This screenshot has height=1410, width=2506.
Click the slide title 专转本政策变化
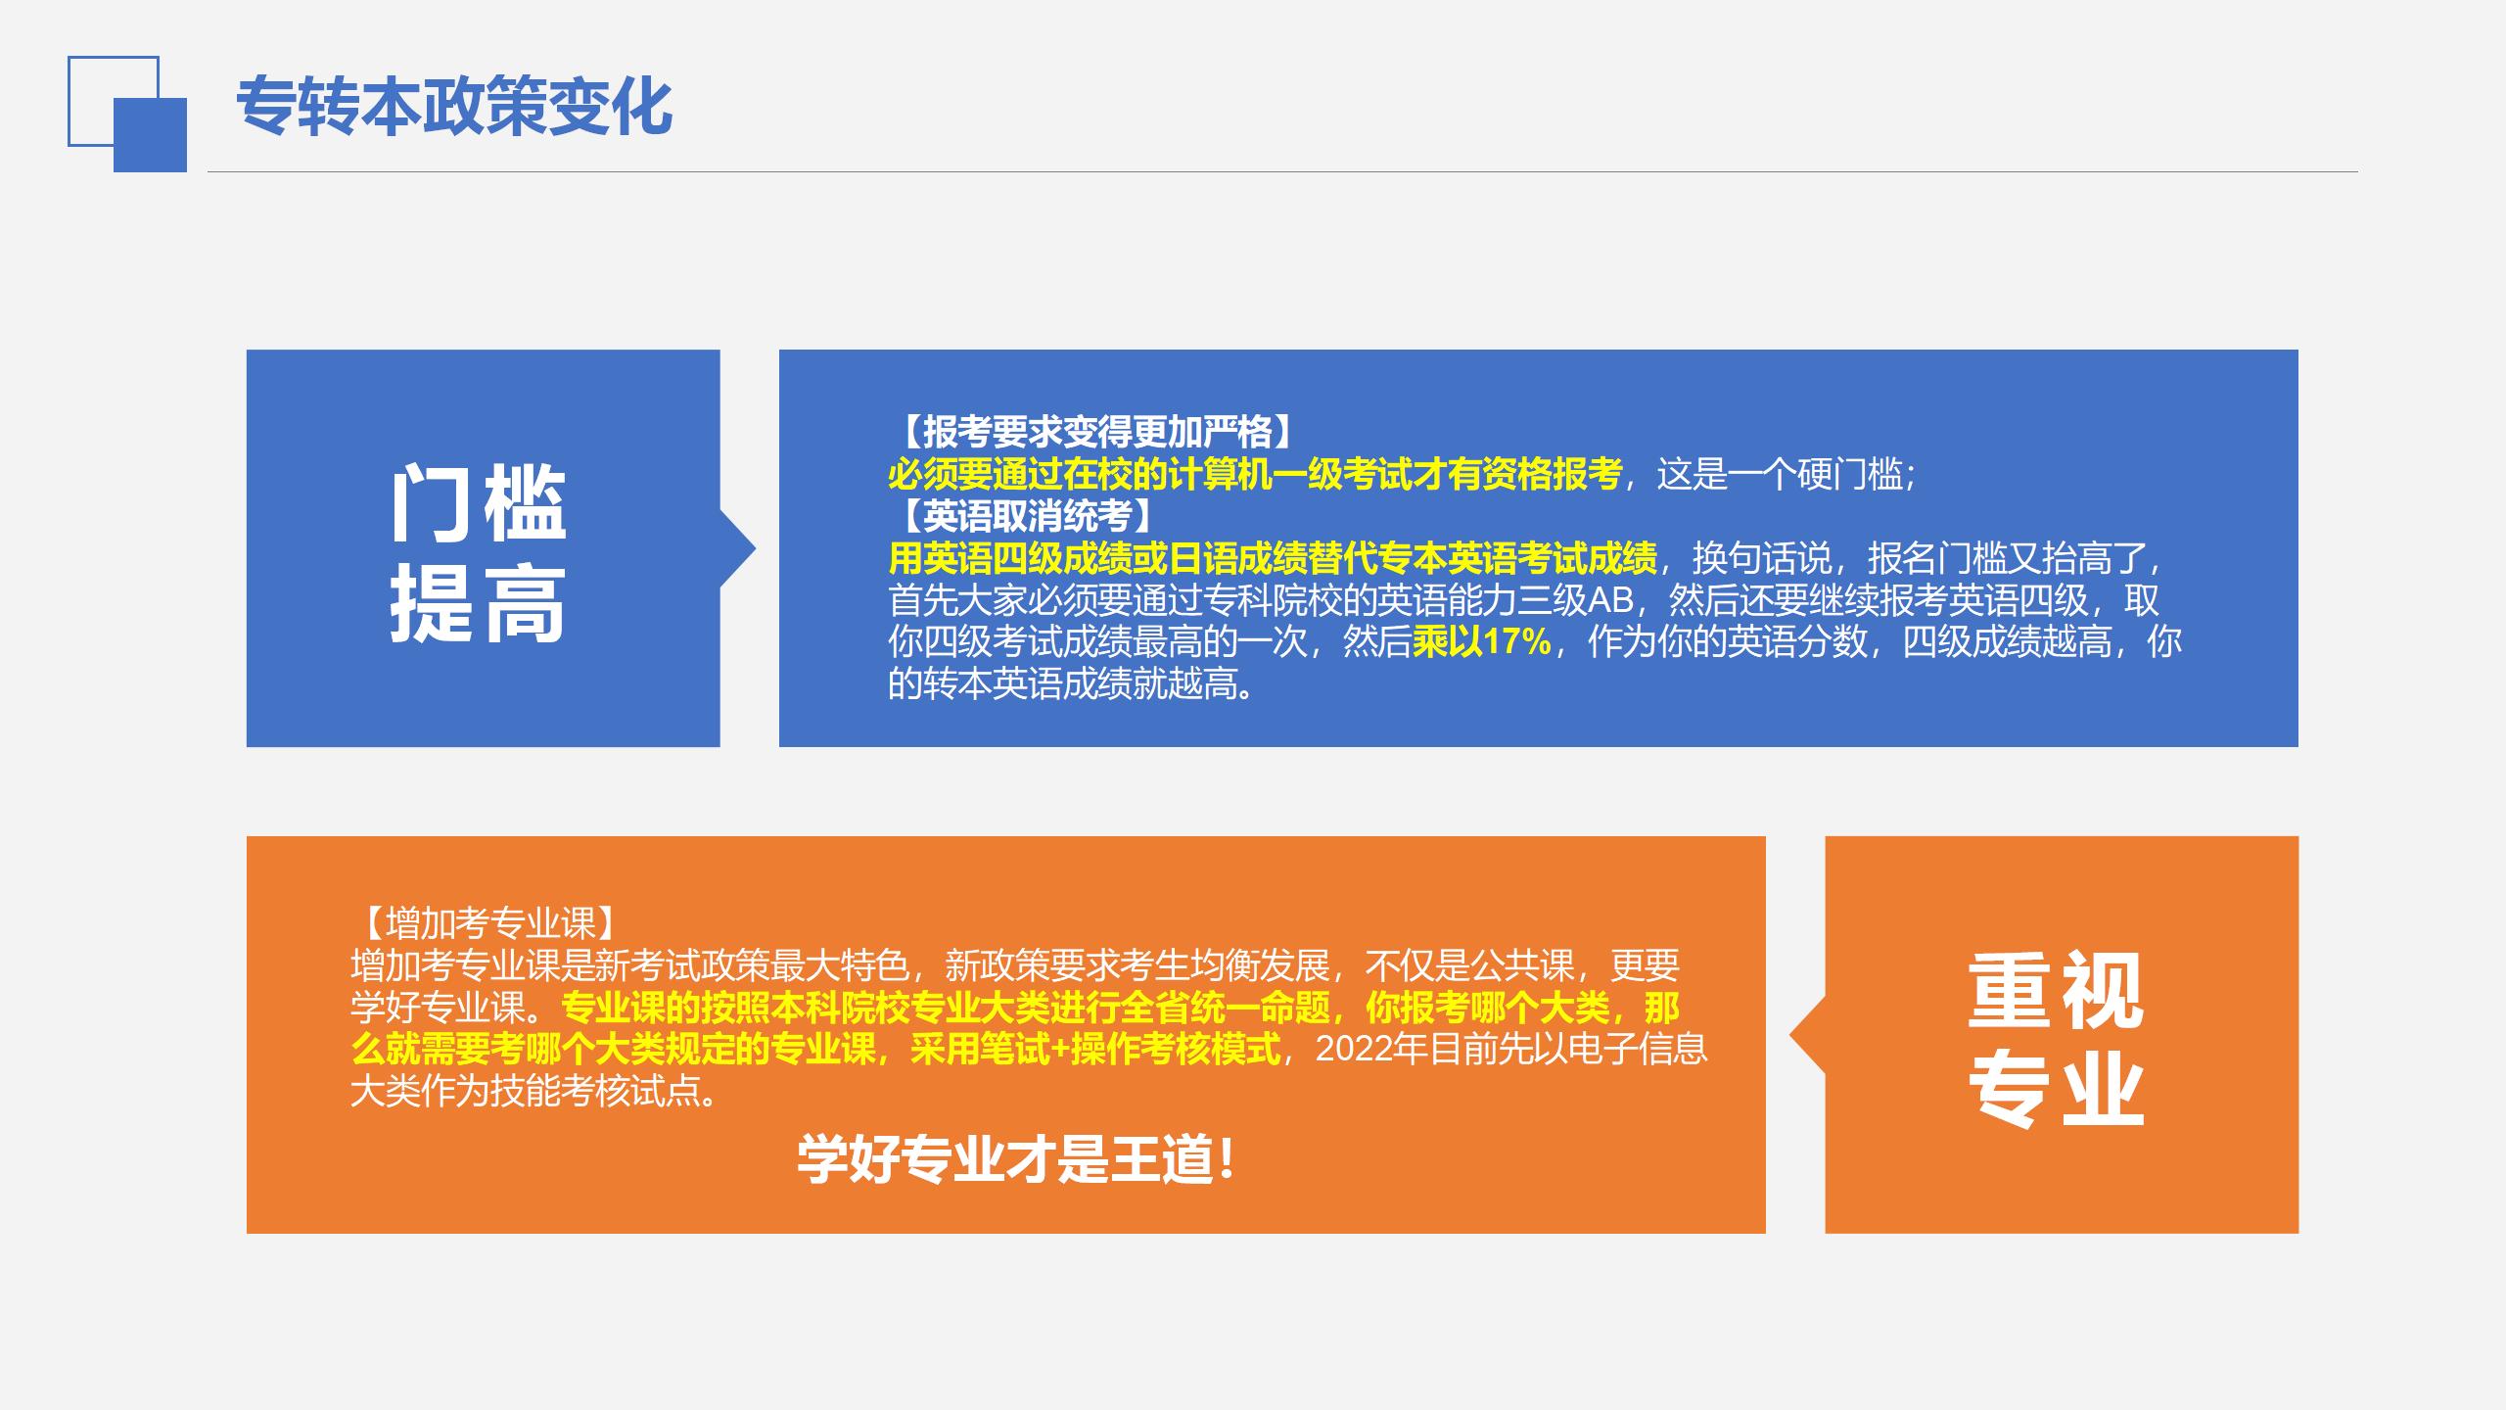454,106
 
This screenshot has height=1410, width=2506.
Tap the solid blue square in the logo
150,135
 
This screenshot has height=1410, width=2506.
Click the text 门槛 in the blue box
479,503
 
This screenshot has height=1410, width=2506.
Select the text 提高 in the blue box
479,603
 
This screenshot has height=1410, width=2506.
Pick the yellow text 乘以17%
1482,642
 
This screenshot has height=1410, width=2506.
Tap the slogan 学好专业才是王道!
1017,1159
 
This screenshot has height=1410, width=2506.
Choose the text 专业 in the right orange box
2056,1089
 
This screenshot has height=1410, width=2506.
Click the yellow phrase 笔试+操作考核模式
1095,1049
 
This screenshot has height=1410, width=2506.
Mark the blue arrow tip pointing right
755,548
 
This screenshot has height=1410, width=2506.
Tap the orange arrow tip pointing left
1791,1035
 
